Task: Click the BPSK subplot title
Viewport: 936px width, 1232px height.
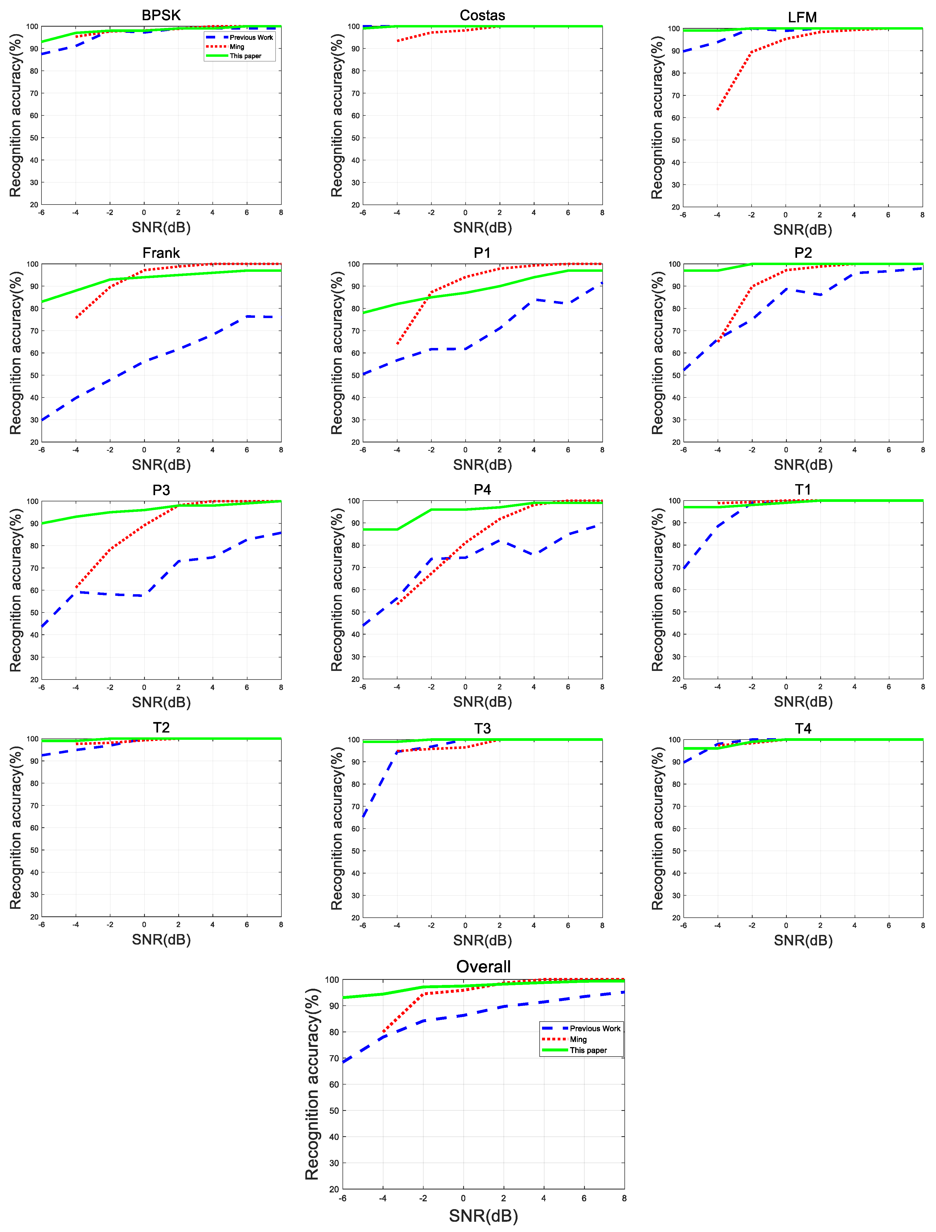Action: [x=161, y=15]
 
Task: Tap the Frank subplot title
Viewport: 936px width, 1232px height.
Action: [x=161, y=253]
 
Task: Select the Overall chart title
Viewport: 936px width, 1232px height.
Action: [x=483, y=966]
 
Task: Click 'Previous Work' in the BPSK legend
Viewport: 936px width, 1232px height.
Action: [x=251, y=37]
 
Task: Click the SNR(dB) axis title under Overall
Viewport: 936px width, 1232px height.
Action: [x=483, y=1216]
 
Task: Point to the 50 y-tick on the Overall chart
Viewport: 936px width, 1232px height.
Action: [x=334, y=1111]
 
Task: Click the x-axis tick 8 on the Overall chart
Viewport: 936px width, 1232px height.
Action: [x=624, y=1198]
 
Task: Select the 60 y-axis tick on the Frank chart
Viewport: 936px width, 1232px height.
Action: [x=34, y=353]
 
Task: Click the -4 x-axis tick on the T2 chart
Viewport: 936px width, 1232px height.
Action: [x=76, y=925]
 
